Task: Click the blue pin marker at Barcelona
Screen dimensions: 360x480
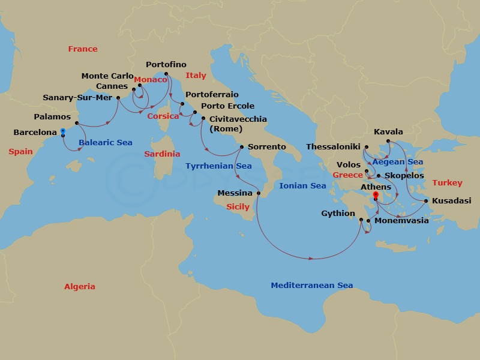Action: pyautogui.click(x=63, y=131)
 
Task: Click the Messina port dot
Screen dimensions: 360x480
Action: pyautogui.click(x=259, y=193)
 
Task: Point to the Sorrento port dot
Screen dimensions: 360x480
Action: pyautogui.click(x=241, y=147)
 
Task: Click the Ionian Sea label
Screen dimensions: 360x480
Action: pyautogui.click(x=302, y=186)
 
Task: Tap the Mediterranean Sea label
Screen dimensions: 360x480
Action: pyautogui.click(x=311, y=286)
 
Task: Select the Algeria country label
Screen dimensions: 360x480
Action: pyautogui.click(x=80, y=287)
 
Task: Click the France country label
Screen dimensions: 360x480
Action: pyautogui.click(x=83, y=49)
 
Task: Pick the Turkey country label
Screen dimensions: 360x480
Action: pyautogui.click(x=448, y=183)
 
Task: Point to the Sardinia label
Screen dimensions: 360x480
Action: pyautogui.click(x=162, y=154)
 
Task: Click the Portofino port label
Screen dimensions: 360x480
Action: pyautogui.click(x=166, y=65)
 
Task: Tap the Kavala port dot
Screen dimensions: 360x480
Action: pyautogui.click(x=388, y=141)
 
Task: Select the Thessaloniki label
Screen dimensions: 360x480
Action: pyautogui.click(x=333, y=146)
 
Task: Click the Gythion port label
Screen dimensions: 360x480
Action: pyautogui.click(x=338, y=214)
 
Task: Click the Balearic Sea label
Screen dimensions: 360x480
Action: pyautogui.click(x=106, y=143)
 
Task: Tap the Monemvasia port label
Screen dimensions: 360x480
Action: pyautogui.click(x=401, y=221)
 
